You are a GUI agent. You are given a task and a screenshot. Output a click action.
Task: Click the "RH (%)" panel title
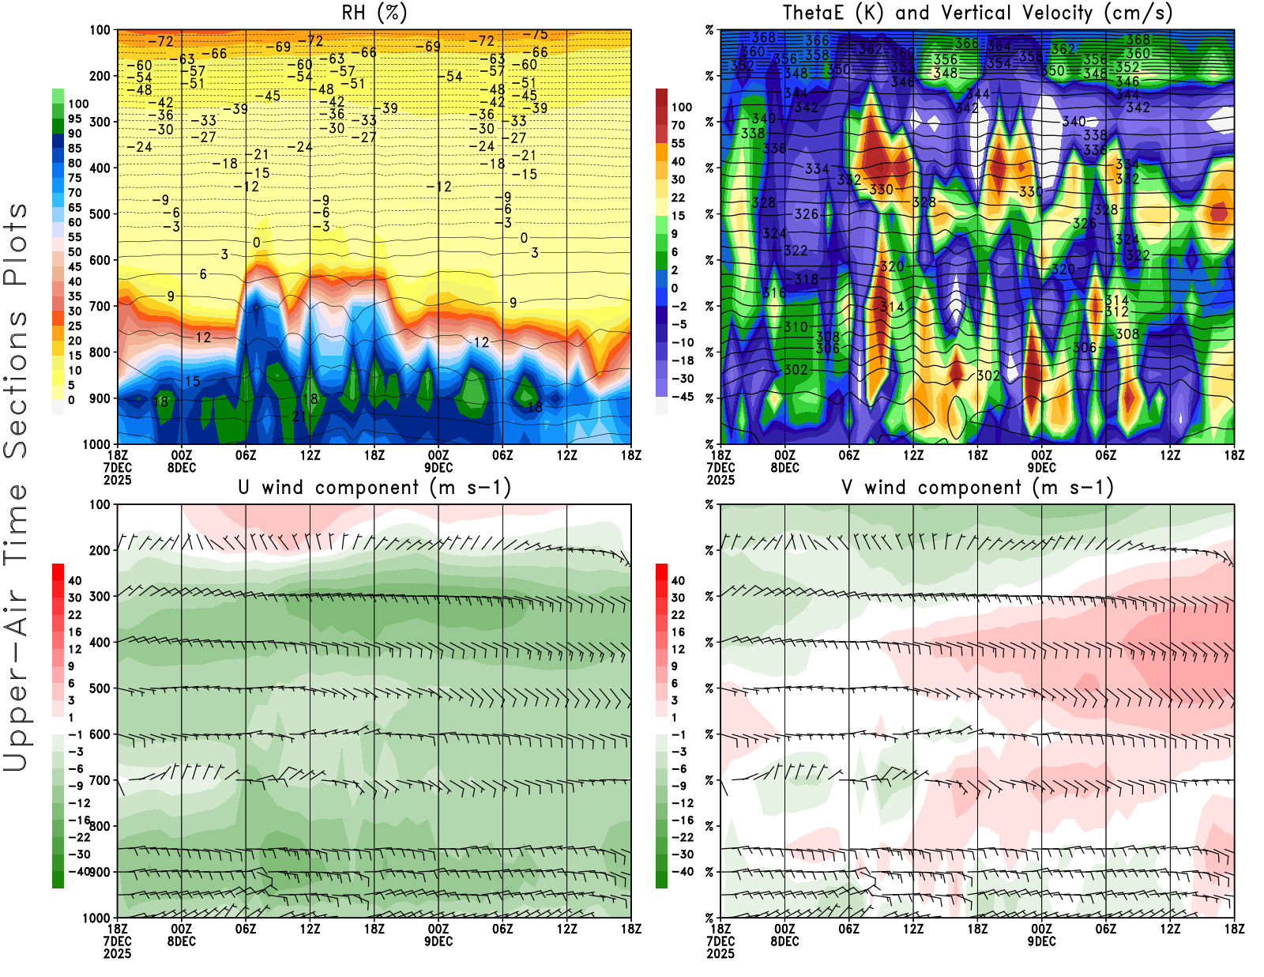[x=374, y=13]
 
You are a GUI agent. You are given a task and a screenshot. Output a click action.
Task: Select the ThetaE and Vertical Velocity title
[x=977, y=13]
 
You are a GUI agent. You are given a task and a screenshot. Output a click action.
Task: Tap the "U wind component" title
[x=374, y=487]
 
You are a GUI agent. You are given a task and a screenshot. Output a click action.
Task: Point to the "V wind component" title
[x=977, y=487]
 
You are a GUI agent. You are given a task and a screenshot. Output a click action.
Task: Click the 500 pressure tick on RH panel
[x=100, y=214]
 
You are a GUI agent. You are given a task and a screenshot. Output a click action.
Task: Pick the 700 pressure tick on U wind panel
[x=100, y=781]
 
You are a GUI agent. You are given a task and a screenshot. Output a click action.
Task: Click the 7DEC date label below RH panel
[x=117, y=468]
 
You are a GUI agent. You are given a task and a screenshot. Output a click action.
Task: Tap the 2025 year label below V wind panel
[x=720, y=954]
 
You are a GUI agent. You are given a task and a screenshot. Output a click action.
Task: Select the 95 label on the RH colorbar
[x=74, y=119]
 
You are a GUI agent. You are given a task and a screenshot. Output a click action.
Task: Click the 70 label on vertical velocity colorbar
[x=678, y=125]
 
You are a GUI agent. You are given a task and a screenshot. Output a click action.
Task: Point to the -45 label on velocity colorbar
[x=682, y=397]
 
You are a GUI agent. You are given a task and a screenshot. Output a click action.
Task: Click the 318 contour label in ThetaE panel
[x=806, y=279]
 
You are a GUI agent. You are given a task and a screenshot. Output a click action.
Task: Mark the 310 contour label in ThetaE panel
[x=796, y=326]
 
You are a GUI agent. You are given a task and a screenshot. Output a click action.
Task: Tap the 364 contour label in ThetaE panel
[x=999, y=46]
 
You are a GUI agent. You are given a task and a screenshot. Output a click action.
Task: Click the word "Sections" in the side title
[x=16, y=384]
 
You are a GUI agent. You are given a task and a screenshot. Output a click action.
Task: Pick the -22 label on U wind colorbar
[x=79, y=837]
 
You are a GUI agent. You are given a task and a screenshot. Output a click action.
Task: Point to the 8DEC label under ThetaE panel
[x=784, y=941]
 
